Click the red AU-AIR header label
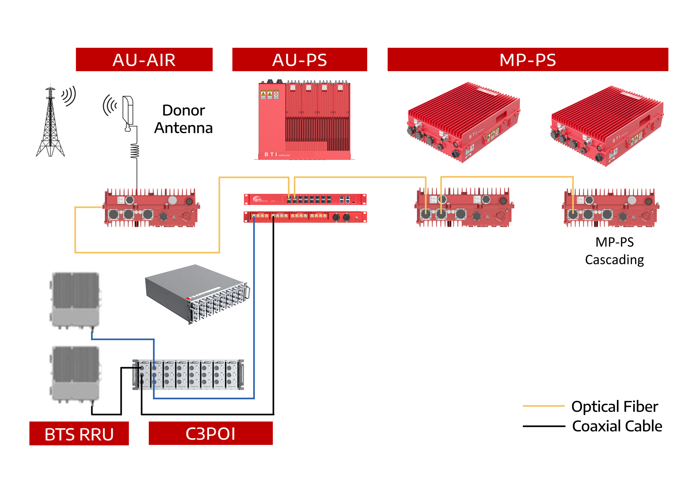144,60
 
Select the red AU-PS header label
299,60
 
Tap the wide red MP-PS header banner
528,60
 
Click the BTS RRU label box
79,434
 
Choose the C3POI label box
211,433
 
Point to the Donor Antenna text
184,119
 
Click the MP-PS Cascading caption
614,251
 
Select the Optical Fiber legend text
615,406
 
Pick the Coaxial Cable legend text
617,426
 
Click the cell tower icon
51,123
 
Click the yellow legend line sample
544,406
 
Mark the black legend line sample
544,426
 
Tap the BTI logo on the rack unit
257,200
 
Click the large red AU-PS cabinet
304,121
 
